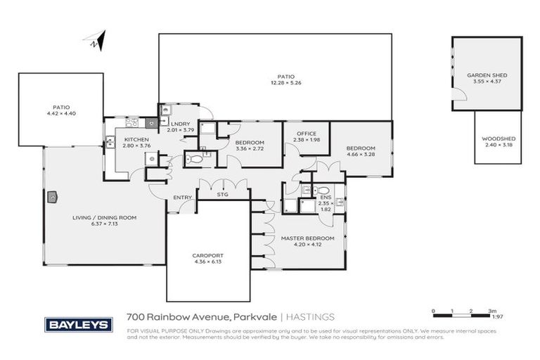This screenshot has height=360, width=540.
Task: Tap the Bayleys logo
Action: [x=79, y=324]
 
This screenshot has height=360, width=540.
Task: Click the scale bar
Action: [x=464, y=311]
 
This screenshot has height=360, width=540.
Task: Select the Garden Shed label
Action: [x=487, y=75]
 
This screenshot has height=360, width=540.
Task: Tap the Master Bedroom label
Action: [x=307, y=238]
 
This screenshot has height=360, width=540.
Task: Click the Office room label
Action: [x=305, y=134]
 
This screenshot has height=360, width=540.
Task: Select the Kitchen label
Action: [x=136, y=140]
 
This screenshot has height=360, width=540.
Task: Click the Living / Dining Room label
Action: [x=104, y=218]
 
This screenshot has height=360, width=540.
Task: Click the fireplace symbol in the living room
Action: [x=51, y=198]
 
